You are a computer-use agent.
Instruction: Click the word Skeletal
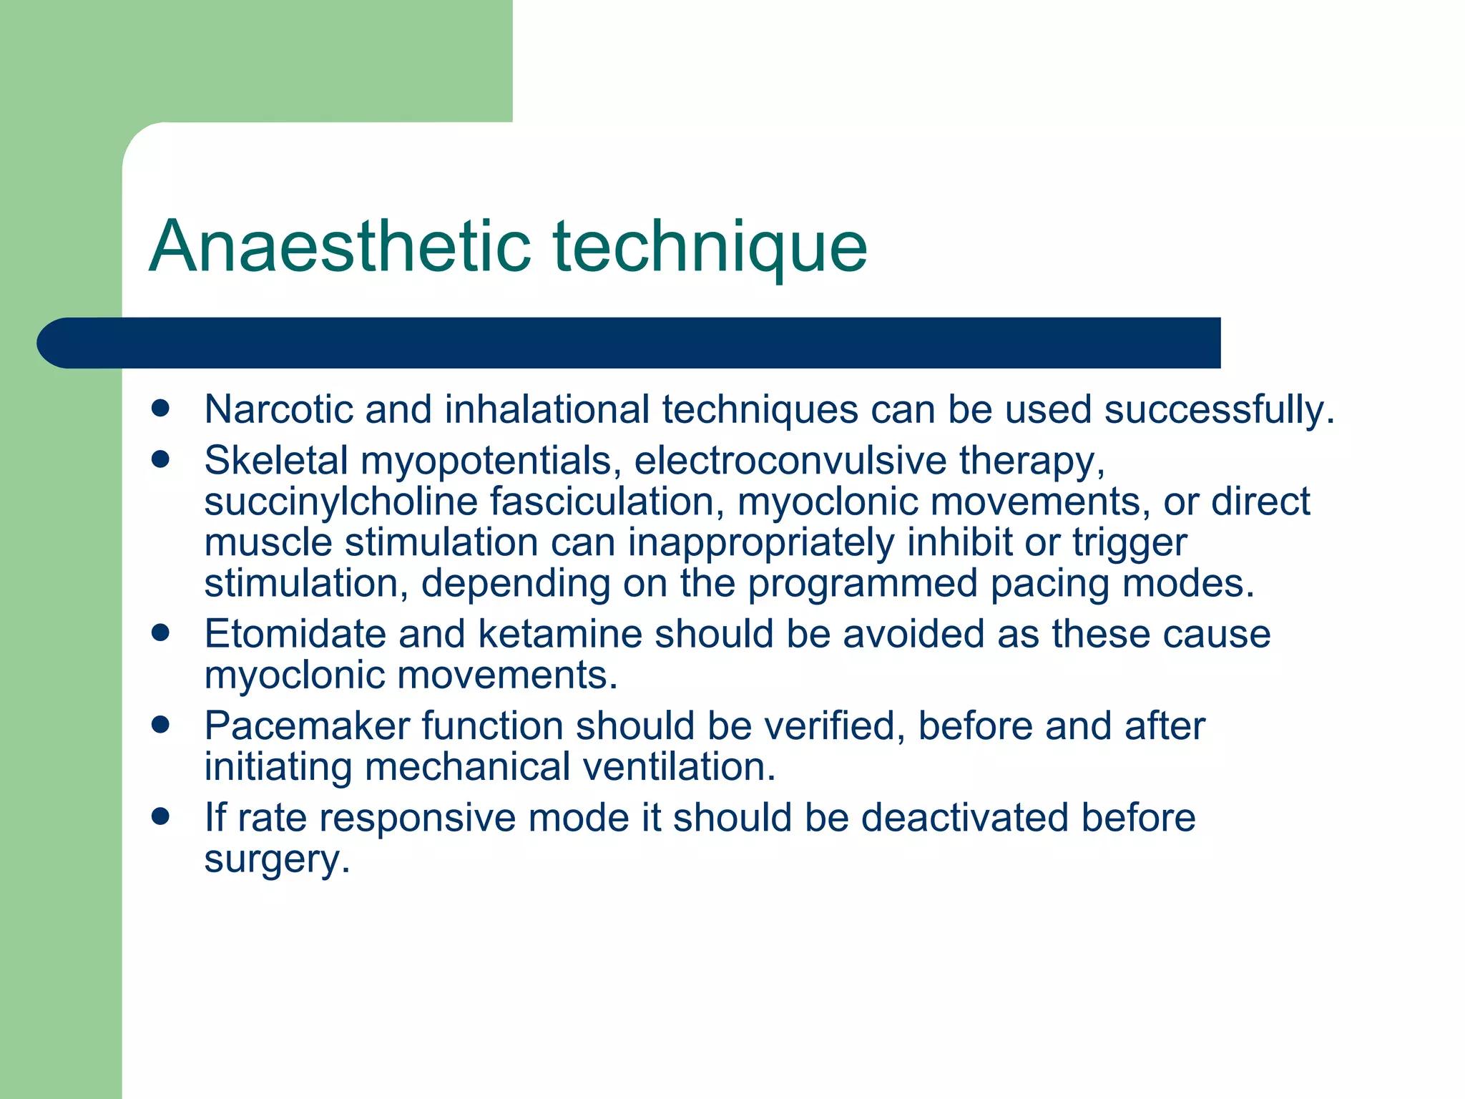275,460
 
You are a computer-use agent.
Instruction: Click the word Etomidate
294,635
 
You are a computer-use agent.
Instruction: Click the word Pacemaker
306,726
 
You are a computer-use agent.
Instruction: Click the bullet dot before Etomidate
161,633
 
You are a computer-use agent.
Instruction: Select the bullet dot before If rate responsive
161,817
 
